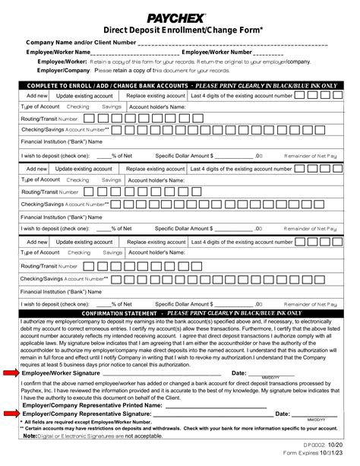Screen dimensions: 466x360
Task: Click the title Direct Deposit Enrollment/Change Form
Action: (180, 28)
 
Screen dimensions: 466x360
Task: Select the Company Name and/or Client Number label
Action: (80, 42)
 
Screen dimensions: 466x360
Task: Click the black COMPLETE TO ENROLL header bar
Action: (180, 85)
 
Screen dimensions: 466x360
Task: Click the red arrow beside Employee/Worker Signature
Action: (11, 373)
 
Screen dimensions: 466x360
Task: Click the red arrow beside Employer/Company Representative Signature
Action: (11, 413)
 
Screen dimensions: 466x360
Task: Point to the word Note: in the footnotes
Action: (30, 436)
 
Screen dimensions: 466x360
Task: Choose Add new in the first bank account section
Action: (37, 97)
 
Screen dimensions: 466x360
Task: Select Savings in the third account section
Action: (112, 252)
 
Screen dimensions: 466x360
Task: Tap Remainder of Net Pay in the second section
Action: (311, 227)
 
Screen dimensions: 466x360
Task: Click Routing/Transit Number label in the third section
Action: (49, 266)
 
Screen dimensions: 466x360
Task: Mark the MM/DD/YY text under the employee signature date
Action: (271, 378)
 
